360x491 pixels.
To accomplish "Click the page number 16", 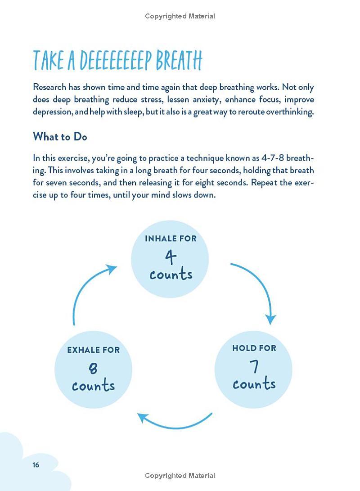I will (36, 465).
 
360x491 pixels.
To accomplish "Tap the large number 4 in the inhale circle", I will (171, 257).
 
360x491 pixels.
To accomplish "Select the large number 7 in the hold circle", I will (255, 366).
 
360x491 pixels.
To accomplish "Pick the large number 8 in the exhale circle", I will (93, 369).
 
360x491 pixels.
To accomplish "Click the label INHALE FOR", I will (171, 239).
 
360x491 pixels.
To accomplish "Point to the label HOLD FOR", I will (254, 348).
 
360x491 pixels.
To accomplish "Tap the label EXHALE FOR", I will (93, 350).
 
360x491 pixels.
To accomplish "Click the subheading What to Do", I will (60, 136).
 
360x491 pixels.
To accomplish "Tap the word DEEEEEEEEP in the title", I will (118, 61).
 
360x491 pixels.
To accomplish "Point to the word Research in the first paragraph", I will (49, 87).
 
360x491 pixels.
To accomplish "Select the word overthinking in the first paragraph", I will (290, 112).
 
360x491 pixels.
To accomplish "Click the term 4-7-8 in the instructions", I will (273, 158).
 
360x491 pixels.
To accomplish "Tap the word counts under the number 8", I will (93, 386).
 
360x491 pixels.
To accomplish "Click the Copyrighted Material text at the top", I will (180, 16).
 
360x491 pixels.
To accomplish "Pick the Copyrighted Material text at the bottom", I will (180, 476).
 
